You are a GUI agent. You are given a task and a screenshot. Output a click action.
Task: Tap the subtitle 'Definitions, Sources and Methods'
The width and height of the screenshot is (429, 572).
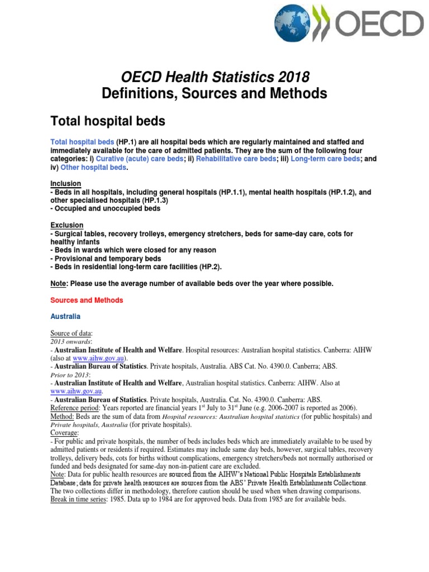[214, 94]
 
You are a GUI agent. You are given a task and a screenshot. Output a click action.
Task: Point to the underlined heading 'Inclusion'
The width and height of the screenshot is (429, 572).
[65, 184]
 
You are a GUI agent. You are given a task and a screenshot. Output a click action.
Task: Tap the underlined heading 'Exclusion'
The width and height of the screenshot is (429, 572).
[66, 225]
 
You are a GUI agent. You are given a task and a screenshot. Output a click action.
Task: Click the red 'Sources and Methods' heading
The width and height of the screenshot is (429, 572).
[87, 300]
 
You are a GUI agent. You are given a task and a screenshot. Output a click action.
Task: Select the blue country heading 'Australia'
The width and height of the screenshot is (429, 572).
[66, 317]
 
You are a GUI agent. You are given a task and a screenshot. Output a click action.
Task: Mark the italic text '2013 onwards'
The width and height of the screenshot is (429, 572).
[70, 341]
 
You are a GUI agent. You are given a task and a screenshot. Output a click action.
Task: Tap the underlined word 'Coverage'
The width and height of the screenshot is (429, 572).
[65, 433]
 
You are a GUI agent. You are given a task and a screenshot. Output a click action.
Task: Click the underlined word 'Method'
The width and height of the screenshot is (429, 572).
[61, 416]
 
